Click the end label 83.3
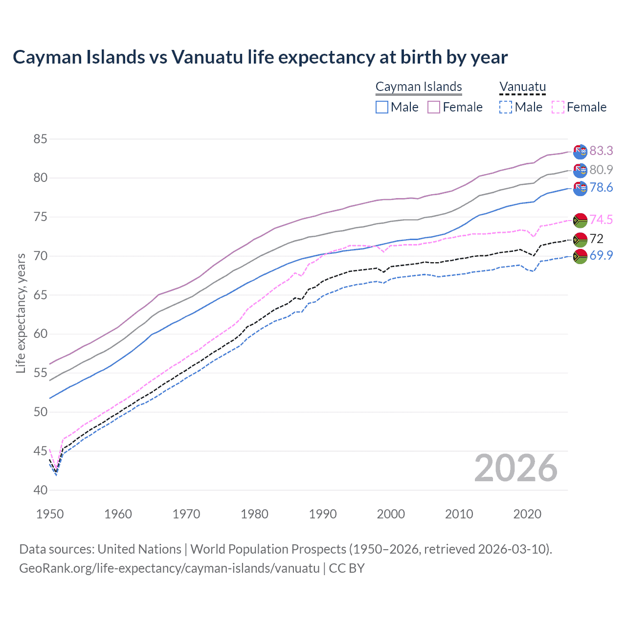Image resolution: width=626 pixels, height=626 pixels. (601, 151)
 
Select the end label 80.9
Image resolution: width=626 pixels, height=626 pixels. (601, 170)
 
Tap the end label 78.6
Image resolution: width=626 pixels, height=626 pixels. (601, 188)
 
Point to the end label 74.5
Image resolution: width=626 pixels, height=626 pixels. (601, 220)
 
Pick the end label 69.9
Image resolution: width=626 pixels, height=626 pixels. (601, 255)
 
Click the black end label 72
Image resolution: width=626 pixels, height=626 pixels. (597, 239)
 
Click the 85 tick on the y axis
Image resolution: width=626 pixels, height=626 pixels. (40, 139)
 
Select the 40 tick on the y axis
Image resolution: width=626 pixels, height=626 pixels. (40, 490)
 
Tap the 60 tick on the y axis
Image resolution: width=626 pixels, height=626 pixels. (40, 334)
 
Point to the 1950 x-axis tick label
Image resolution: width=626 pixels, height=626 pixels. (50, 514)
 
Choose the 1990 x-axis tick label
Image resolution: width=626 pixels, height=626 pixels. (323, 514)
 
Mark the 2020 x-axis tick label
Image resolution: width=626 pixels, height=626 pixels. (527, 514)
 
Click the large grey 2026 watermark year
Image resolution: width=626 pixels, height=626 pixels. (516, 469)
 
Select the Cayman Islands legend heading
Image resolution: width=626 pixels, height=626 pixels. (419, 87)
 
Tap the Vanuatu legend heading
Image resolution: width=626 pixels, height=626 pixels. (522, 87)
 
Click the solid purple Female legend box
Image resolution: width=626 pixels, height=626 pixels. (434, 107)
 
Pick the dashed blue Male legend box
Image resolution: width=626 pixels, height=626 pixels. (506, 107)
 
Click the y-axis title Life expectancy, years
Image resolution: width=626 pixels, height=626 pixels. (21, 313)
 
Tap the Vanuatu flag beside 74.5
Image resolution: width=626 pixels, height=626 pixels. (580, 220)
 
